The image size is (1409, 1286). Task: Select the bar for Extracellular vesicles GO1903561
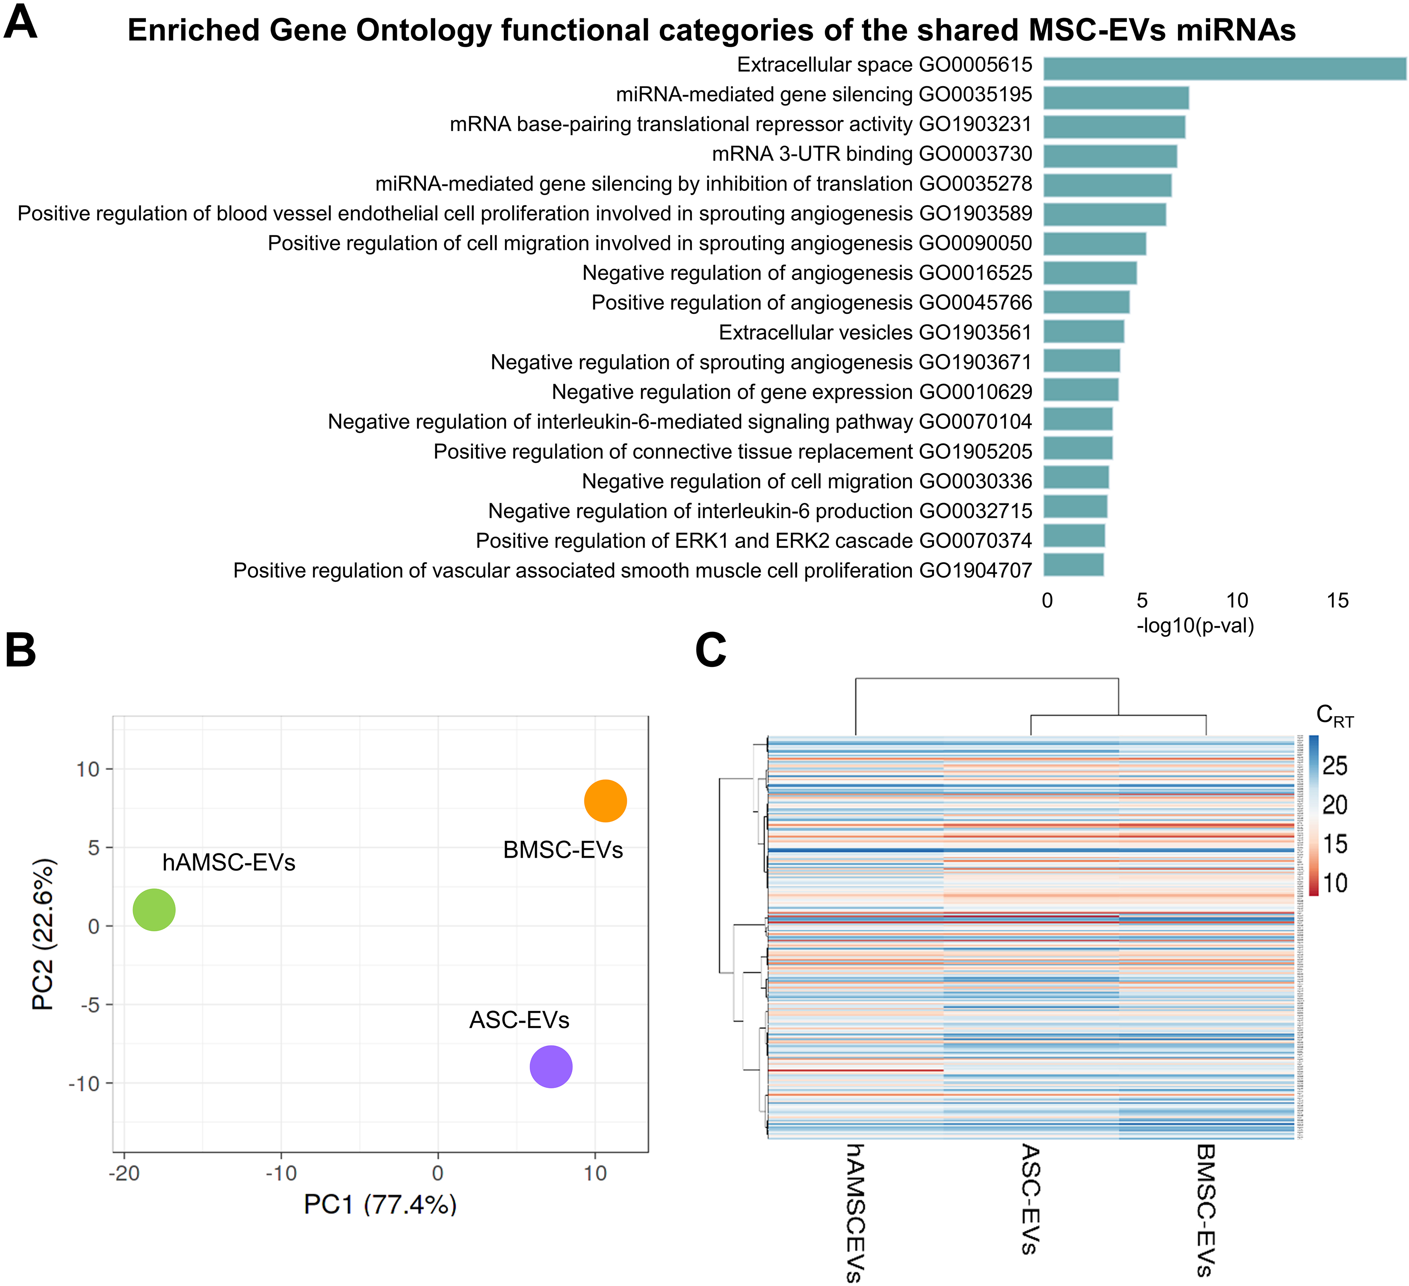[x=1083, y=332]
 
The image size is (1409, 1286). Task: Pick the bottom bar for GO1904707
[x=1073, y=565]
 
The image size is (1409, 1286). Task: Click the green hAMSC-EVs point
[x=154, y=910]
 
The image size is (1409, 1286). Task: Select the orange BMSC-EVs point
[x=605, y=801]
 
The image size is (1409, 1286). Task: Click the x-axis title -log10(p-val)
[x=1195, y=626]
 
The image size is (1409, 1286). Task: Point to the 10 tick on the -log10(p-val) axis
[x=1237, y=600]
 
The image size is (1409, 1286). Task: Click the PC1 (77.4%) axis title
[x=380, y=1204]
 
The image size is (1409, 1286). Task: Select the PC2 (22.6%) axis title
[x=43, y=934]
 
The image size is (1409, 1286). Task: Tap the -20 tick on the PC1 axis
[x=124, y=1173]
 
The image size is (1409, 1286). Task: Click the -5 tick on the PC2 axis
[x=88, y=1005]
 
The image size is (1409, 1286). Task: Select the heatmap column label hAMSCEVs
[x=854, y=1212]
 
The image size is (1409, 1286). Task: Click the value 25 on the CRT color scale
[x=1334, y=766]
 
